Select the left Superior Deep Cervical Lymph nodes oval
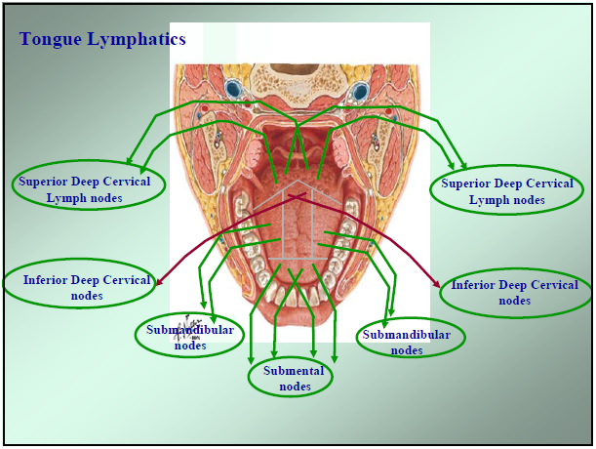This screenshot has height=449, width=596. [x=88, y=188]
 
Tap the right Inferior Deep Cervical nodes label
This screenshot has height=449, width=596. [x=514, y=293]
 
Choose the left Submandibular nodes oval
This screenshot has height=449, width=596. [x=190, y=337]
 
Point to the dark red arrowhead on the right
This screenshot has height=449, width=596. [x=437, y=283]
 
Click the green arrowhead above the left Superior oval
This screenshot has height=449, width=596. [x=130, y=160]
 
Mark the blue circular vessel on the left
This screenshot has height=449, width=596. [x=233, y=91]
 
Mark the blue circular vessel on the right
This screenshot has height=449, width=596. [x=361, y=91]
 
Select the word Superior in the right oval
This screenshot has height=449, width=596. [x=466, y=183]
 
